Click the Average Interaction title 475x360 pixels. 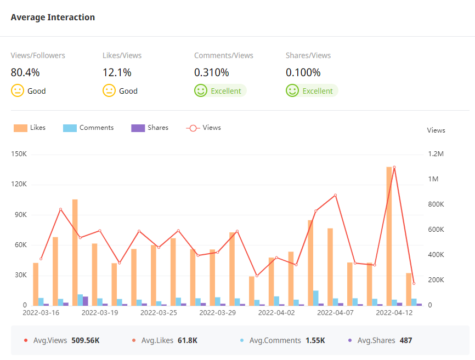53,18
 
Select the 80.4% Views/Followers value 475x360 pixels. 25,72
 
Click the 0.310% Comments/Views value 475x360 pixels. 212,72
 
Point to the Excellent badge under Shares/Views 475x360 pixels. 312,91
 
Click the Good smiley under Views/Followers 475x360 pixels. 18,91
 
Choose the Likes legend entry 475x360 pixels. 30,128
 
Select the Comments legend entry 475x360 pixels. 88,128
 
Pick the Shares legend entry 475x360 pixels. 150,128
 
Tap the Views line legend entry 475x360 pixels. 204,128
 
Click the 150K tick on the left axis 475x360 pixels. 19,154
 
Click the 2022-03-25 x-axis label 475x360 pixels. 159,313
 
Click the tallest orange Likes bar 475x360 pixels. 389,236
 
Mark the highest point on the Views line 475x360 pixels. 394,167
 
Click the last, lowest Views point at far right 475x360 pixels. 414,283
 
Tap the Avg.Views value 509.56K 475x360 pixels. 86,340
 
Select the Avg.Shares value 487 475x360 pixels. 406,340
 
